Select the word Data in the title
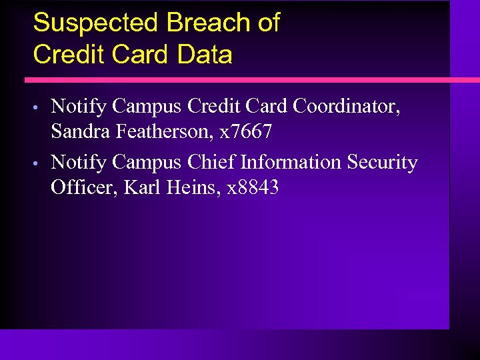pos(205,54)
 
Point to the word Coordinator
pos(347,106)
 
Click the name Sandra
pos(80,132)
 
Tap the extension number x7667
pos(247,132)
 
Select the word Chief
pos(211,162)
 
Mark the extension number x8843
pos(253,188)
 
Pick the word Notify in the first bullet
pos(79,106)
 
